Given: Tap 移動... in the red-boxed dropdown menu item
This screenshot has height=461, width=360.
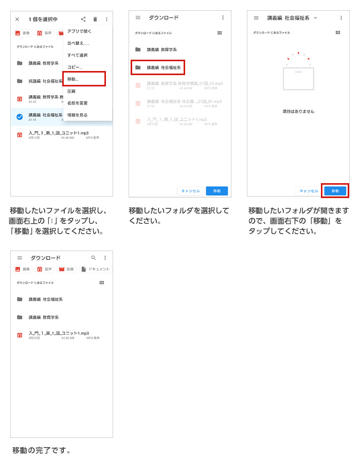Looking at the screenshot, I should [84, 79].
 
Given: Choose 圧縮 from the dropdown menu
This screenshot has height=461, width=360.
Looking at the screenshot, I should [73, 91].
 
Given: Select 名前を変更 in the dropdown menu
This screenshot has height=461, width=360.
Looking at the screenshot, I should [77, 103].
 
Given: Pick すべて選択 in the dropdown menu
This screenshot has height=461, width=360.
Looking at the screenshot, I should [77, 55].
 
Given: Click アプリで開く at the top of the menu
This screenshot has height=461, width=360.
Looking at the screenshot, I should [79, 31].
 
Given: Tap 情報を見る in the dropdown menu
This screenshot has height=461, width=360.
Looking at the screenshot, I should [77, 115].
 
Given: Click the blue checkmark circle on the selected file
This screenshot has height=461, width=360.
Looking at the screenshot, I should [20, 117].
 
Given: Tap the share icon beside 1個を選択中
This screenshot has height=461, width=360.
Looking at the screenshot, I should [83, 19].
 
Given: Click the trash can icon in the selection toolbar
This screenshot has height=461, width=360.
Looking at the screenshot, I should [95, 19].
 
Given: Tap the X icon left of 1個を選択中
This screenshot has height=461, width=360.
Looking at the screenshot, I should [17, 19].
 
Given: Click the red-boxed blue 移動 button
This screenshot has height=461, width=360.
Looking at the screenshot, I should [335, 191].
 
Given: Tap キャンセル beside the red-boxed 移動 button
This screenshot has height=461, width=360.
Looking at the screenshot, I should [309, 191].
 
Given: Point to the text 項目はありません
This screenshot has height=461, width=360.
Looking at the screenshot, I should [298, 111].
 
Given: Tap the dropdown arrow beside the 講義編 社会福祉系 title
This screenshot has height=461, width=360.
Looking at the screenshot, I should [315, 17].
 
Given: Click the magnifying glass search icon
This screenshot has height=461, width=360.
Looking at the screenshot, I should [94, 258].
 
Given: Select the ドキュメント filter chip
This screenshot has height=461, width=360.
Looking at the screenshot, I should [96, 269].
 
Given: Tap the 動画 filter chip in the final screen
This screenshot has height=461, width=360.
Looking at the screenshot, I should [66, 269].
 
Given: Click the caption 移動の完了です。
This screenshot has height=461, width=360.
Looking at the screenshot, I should [42, 451].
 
